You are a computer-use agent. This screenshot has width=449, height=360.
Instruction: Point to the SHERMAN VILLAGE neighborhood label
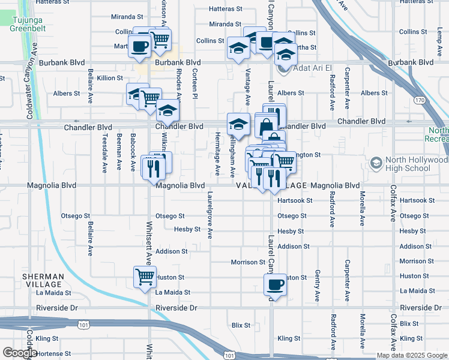[x=43, y=280]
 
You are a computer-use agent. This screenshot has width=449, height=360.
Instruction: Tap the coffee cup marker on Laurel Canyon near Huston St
[x=276, y=284]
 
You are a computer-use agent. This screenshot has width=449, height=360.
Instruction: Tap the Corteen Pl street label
[x=194, y=83]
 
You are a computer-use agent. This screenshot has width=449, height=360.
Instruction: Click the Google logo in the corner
[x=20, y=353]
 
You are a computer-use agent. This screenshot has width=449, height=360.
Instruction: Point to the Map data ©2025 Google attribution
[x=411, y=355]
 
